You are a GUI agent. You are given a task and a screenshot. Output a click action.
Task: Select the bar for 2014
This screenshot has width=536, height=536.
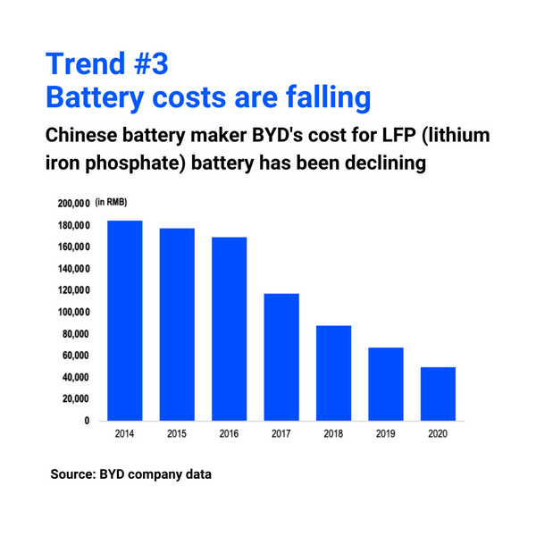tap(125, 320)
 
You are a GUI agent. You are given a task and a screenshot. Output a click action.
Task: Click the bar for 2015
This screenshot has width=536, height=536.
tap(177, 324)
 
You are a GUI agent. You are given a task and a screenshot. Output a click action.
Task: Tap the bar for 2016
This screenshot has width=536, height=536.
tap(229, 329)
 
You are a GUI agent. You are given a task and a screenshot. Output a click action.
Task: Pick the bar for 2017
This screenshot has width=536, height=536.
tap(281, 356)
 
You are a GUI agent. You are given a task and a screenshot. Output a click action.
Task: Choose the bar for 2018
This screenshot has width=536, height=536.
tap(333, 373)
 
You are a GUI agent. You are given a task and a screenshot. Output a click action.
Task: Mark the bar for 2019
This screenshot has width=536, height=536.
tap(385, 383)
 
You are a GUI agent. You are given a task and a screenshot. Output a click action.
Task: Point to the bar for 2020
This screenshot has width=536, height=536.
tap(438, 393)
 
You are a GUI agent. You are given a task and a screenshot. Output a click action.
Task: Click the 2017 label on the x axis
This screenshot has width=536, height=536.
tap(281, 434)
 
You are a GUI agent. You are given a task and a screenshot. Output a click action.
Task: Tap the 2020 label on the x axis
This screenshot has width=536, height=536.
tap(438, 434)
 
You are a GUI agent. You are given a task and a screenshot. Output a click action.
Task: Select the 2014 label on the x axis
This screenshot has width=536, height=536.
tap(125, 434)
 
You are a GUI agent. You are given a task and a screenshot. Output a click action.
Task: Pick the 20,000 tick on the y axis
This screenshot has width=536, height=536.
tap(76, 398)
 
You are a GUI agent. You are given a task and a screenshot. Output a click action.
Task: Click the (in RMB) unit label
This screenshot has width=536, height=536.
tap(115, 203)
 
